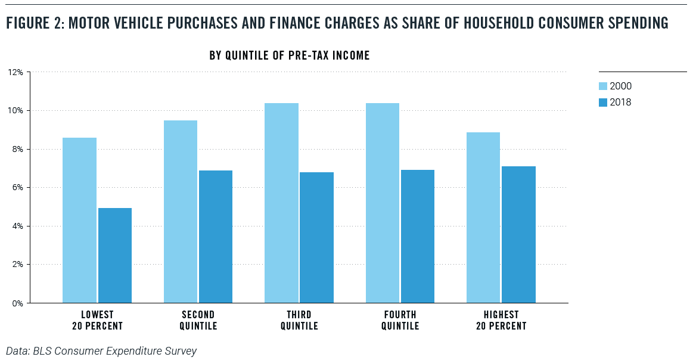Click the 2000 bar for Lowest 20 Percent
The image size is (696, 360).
(x=79, y=220)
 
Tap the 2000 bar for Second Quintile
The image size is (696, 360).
(x=181, y=212)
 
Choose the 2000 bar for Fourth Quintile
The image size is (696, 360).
(x=383, y=203)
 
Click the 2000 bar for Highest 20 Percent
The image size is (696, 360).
(x=483, y=218)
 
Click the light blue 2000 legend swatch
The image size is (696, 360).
(x=603, y=86)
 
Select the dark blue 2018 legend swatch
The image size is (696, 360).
(x=603, y=102)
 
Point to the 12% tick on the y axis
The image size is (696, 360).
(x=15, y=72)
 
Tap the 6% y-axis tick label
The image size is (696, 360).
(x=17, y=187)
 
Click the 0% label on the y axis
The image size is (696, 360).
(x=17, y=303)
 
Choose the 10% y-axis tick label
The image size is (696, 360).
(x=15, y=110)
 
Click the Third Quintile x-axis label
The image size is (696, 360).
(x=299, y=320)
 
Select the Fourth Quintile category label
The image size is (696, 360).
(x=400, y=320)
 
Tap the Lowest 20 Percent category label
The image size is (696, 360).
(x=97, y=320)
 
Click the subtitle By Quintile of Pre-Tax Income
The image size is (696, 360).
(x=290, y=55)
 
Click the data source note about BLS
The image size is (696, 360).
(x=101, y=351)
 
